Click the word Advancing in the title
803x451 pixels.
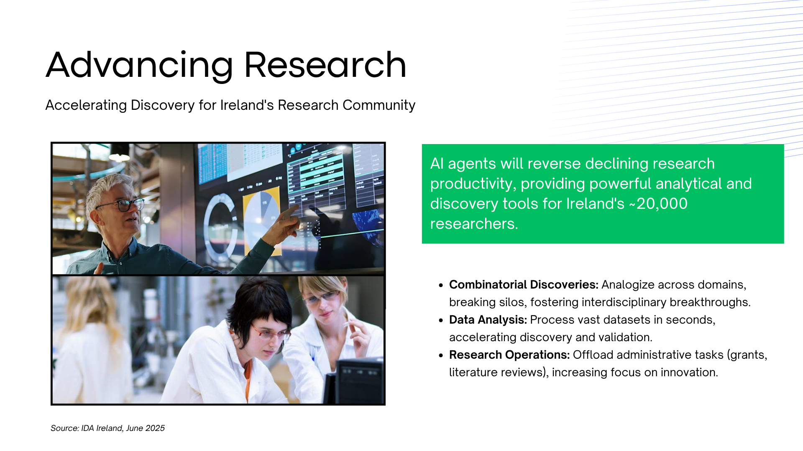click(x=140, y=65)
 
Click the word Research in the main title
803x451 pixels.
click(x=325, y=65)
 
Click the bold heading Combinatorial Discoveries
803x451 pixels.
click(x=524, y=284)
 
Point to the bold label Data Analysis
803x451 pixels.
click(x=488, y=319)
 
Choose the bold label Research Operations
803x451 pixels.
click(x=509, y=355)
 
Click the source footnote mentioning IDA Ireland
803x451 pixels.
click(x=107, y=428)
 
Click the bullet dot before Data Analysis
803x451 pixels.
click(x=441, y=320)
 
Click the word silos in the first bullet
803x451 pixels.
click(x=513, y=302)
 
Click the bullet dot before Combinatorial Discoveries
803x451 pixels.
click(x=441, y=285)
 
